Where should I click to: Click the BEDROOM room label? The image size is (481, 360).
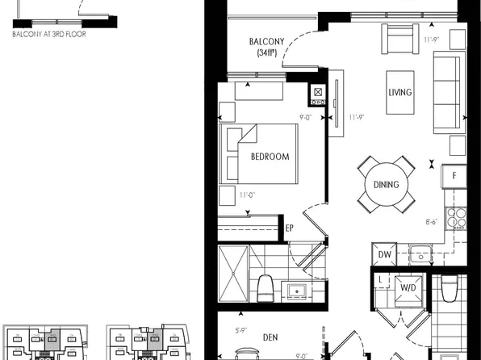point(269,157)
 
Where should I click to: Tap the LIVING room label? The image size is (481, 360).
point(399,93)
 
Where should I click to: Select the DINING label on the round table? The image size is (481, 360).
point(386,185)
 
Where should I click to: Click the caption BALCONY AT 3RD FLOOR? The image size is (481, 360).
point(50,35)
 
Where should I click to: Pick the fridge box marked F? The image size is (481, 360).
point(454,176)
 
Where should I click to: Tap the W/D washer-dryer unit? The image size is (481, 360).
point(405,287)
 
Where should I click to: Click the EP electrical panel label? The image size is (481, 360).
point(289,228)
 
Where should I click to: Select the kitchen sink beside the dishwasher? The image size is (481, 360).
point(421,254)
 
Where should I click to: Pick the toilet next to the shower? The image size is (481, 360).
point(265,287)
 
